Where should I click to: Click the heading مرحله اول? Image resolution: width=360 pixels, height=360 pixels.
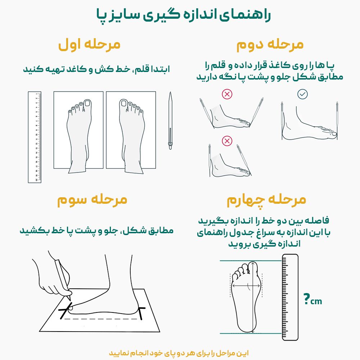(x=89, y=45)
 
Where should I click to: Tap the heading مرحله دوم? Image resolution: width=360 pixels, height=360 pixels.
(x=270, y=45)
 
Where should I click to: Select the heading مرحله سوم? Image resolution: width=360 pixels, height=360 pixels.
(x=92, y=200)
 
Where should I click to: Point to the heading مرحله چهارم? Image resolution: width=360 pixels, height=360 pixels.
(x=266, y=200)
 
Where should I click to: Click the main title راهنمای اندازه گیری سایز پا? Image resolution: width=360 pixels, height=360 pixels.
(x=183, y=15)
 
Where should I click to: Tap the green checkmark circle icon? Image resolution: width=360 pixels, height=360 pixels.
(x=303, y=94)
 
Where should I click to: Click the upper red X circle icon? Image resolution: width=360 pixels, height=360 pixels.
(x=227, y=94)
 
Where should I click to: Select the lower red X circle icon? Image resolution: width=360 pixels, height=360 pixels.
(x=227, y=140)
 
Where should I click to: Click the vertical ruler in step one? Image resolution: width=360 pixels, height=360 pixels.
(x=35, y=137)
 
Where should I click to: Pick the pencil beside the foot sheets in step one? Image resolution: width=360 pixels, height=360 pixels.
(x=170, y=121)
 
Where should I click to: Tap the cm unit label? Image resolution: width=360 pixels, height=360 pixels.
(x=316, y=301)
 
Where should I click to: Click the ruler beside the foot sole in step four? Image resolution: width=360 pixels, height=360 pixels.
(x=290, y=297)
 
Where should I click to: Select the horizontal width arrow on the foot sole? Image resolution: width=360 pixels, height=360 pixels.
(x=246, y=285)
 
